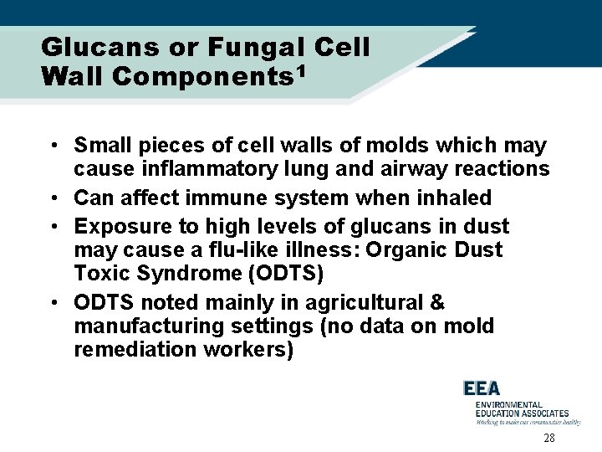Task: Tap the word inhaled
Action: point(459,198)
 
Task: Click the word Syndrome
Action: point(176,274)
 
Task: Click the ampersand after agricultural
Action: point(436,302)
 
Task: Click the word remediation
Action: point(128,349)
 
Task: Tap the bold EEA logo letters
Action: point(482,388)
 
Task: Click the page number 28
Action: point(549,439)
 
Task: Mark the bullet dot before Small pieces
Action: point(53,146)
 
